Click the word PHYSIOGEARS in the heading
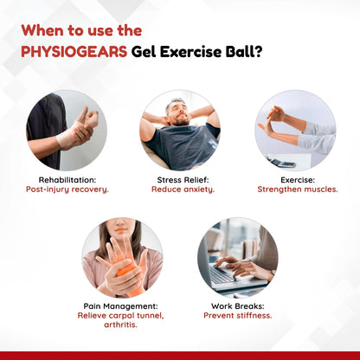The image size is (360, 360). (74, 52)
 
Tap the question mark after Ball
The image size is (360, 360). (257, 52)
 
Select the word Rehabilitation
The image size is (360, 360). (67, 180)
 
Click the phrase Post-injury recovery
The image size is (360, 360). (67, 190)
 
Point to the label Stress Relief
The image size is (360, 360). (183, 180)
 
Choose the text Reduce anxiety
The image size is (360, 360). (183, 190)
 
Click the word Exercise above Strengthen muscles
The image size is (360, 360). (297, 180)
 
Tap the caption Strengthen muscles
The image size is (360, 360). (298, 190)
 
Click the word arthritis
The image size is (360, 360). (120, 325)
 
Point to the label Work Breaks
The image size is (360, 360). (237, 306)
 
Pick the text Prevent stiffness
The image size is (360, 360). (238, 315)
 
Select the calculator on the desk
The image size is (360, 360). (281, 163)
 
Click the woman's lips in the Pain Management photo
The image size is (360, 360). (121, 230)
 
